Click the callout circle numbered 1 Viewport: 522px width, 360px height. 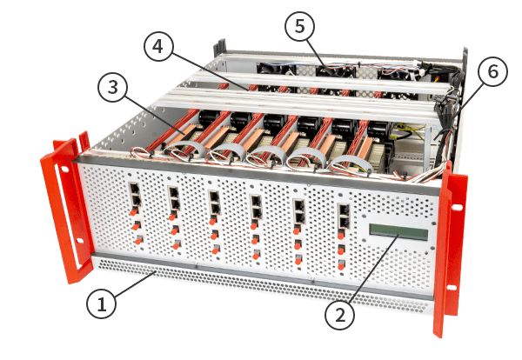point(101,303)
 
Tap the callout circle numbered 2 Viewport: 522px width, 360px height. point(339,315)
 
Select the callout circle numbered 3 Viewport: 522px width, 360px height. point(112,88)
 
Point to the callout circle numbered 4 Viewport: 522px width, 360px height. point(158,47)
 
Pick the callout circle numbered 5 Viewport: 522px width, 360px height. point(299,26)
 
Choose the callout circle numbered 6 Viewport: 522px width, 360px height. point(492,72)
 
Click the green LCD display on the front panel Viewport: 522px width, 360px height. point(398,232)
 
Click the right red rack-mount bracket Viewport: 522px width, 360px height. point(450,250)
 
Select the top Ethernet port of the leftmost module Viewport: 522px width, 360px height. point(135,189)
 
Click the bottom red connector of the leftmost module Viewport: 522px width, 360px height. point(138,240)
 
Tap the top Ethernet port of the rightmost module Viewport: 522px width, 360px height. point(344,210)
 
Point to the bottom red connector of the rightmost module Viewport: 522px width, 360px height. point(341,265)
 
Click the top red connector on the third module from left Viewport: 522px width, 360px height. point(213,220)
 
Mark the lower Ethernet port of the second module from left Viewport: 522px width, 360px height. point(175,204)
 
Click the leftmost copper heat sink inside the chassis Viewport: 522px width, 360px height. point(182,133)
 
